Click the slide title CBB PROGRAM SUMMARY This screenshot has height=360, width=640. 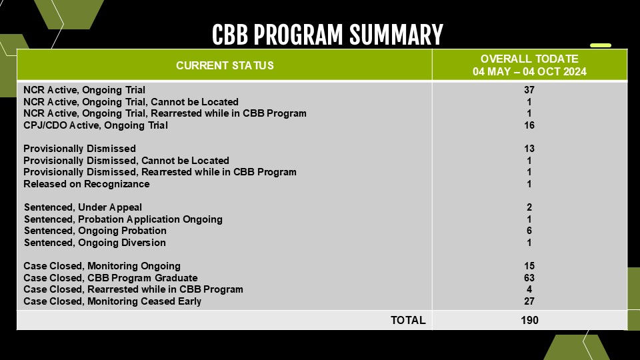[327, 34]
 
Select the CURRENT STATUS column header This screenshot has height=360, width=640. [225, 65]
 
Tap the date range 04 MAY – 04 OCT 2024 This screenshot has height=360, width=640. [529, 72]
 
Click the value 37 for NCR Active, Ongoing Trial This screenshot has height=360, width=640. [529, 90]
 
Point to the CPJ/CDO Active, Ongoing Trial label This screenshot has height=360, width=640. [95, 125]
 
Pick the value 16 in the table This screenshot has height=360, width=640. [529, 125]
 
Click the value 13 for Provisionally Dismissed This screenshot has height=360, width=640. [529, 149]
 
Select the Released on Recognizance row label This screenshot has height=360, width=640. [87, 184]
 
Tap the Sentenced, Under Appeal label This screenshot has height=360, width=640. [83, 207]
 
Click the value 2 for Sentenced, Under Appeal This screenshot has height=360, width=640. [529, 207]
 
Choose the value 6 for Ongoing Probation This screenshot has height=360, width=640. [529, 231]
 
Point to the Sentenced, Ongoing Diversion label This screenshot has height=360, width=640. [95, 243]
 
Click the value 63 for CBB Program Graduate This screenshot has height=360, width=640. [529, 278]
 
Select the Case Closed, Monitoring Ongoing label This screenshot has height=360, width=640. [101, 266]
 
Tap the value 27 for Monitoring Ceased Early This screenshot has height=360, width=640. [529, 301]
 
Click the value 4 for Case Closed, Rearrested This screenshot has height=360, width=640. [529, 289]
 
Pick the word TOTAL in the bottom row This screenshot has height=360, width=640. [408, 321]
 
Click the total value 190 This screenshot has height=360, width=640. [529, 321]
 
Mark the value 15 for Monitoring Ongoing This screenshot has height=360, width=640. [529, 266]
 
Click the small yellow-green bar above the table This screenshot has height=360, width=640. [601, 45]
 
